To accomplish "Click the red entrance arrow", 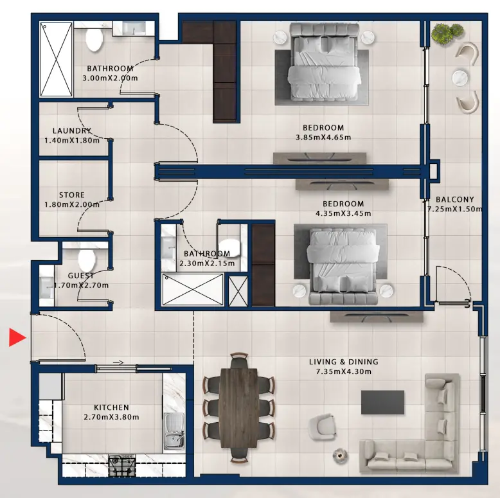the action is pos(17,337).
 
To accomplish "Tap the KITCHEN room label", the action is pos(111,407).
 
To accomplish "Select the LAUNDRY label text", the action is pos(72,130).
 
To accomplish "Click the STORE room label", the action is pos(72,195).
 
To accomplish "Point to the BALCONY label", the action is pos(455,200).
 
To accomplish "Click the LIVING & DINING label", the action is pos(343,362).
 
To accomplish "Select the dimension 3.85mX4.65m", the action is pos(323,138).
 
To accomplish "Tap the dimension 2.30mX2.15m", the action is pos(207,263).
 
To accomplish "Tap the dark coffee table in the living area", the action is pos(382,402).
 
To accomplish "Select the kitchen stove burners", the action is pos(122,465).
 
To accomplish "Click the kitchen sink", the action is pos(174,433).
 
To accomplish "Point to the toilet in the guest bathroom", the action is pos(87,259).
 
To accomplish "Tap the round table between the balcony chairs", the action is pos(460,78).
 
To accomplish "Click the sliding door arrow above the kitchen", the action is pos(118,362).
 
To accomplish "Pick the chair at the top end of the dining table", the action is pos(239,360).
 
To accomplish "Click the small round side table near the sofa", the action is pos(339,456).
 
